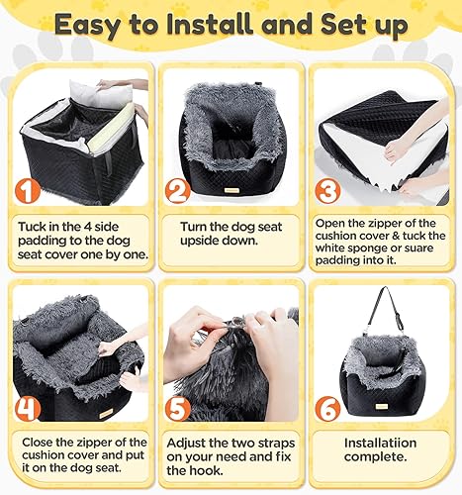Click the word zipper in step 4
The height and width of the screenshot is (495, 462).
(x=105, y=441)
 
